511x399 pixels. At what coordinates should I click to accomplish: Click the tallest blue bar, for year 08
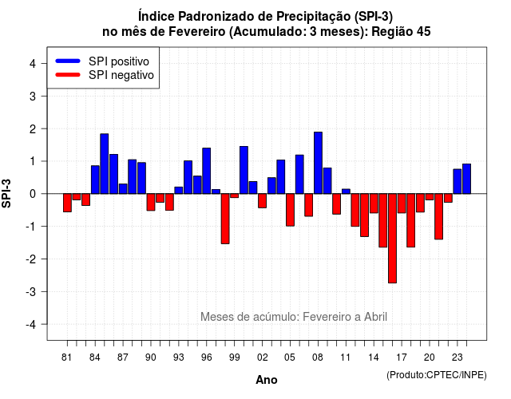[318, 163]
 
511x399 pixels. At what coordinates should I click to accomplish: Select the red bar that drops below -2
[392, 239]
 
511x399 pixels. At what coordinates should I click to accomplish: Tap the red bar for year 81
[67, 203]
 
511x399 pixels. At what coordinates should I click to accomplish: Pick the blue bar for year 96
[207, 171]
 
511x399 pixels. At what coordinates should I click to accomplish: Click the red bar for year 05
[290, 210]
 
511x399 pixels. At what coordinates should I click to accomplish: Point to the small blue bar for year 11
[346, 192]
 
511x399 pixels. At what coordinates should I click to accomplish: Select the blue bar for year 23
[458, 181]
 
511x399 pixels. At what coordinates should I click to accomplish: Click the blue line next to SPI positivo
[68, 61]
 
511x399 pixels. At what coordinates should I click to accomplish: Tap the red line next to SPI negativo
[68, 75]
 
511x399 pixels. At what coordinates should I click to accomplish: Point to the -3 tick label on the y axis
[31, 292]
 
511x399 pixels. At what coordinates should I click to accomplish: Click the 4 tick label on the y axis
[33, 64]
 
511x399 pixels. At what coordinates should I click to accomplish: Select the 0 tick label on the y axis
[33, 194]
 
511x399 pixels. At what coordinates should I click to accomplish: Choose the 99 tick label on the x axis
[234, 358]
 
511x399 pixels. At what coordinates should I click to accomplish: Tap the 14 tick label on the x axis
[374, 358]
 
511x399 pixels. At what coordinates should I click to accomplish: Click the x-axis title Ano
[267, 380]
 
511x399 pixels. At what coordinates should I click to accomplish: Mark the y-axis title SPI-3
[6, 193]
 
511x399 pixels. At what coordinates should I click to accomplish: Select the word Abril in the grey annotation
[375, 317]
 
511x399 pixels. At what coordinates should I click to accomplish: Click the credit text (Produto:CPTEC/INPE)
[437, 375]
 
